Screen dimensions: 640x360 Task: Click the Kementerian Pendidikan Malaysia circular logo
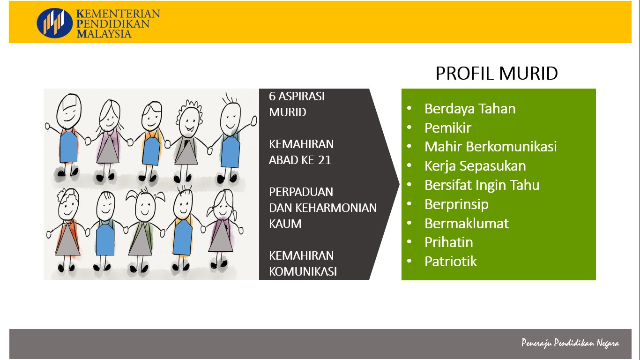(x=54, y=23)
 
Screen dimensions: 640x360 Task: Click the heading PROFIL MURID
(x=497, y=73)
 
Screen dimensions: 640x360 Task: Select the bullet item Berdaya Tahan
(x=470, y=109)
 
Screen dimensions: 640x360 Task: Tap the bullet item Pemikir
(x=448, y=127)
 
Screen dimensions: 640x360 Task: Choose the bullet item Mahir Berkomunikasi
(x=491, y=147)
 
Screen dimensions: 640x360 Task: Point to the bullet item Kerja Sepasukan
(x=475, y=166)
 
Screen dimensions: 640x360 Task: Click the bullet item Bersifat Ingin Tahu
(x=482, y=185)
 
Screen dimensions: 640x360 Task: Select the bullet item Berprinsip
(x=456, y=204)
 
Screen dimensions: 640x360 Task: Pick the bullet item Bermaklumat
(x=467, y=223)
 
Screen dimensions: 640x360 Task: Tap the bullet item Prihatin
(x=448, y=242)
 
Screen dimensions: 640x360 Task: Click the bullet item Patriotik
(x=451, y=262)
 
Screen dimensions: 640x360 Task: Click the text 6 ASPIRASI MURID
(x=297, y=105)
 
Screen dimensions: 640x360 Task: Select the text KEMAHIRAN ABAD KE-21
(x=301, y=152)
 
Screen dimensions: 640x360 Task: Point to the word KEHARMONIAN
(x=336, y=208)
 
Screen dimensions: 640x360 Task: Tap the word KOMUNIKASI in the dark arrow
(x=303, y=272)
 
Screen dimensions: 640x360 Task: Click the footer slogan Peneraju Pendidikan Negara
(x=570, y=343)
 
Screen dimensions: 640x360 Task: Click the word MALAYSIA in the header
(x=104, y=34)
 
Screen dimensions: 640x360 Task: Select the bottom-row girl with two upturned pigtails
(x=144, y=229)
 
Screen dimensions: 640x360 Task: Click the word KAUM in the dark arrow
(x=285, y=224)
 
